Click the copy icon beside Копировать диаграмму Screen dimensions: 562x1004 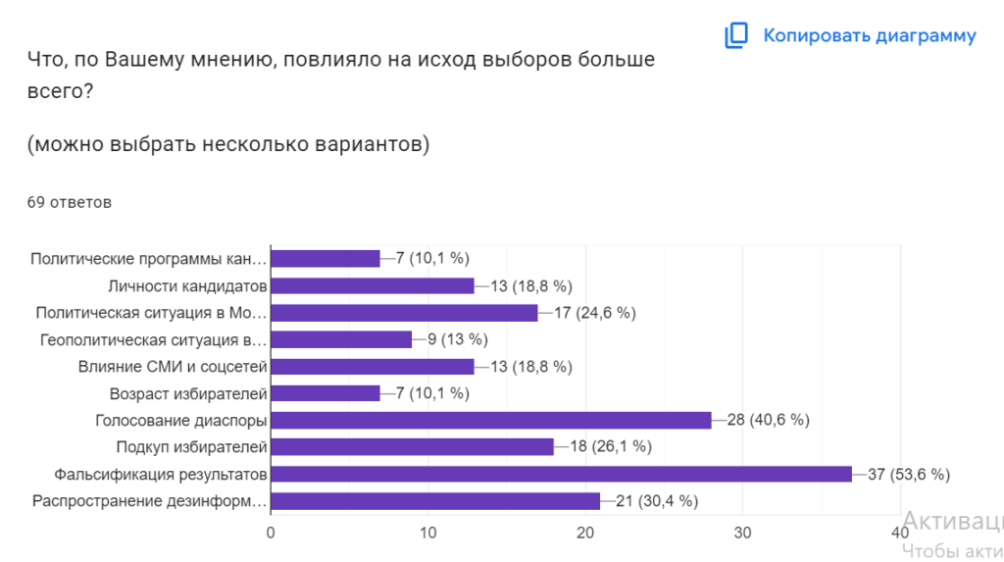coord(736,36)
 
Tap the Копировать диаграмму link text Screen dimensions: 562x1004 coord(870,36)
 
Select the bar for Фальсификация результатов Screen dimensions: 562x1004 coord(561,475)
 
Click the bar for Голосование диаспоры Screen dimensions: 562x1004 coord(490,421)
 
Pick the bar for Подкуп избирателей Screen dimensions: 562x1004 coord(412,447)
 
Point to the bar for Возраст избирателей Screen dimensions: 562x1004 coord(325,393)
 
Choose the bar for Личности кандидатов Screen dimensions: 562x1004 coord(372,286)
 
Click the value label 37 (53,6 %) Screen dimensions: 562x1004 coord(909,475)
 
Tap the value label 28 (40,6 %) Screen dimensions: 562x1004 coord(768,421)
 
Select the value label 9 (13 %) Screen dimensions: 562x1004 coord(459,340)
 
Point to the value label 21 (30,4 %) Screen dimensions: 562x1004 coord(656,501)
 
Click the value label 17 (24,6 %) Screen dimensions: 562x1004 coord(594,313)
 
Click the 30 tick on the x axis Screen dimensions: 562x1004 coord(742,533)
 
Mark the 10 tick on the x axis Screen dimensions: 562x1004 coord(427,533)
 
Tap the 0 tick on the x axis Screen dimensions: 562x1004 coord(271,533)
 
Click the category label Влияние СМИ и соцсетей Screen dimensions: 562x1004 coord(173,367)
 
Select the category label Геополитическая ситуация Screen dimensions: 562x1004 coord(153,340)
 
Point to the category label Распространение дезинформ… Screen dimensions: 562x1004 coord(149,501)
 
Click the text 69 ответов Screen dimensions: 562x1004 coord(70,203)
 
